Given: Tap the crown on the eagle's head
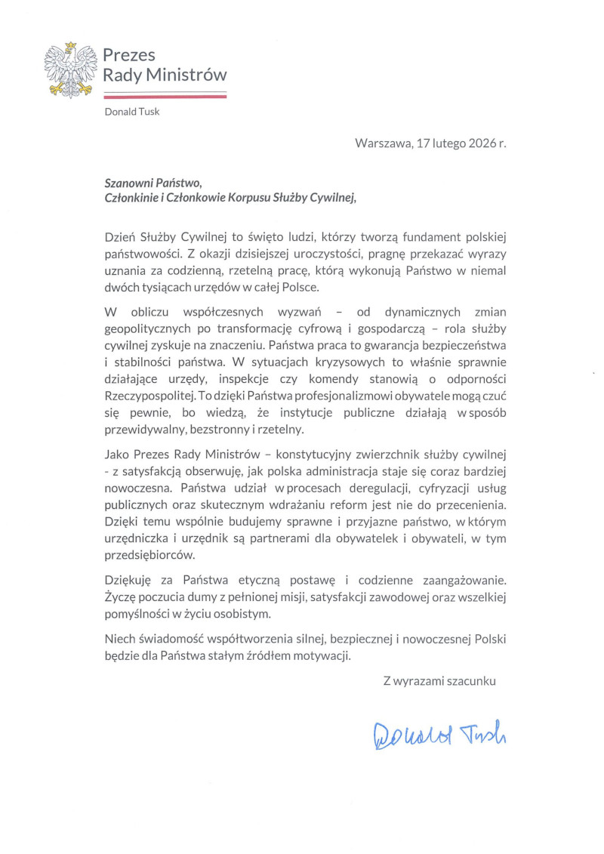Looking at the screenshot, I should coord(69,47).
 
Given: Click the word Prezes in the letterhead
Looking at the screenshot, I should coord(129,55).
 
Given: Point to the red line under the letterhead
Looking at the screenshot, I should coord(165,97).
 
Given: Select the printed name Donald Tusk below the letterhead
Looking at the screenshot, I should coord(132,113).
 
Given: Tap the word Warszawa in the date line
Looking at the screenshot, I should coord(382,143).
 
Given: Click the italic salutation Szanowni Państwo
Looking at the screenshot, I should coord(154,181).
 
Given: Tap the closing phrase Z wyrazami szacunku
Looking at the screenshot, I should coord(439,681).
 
